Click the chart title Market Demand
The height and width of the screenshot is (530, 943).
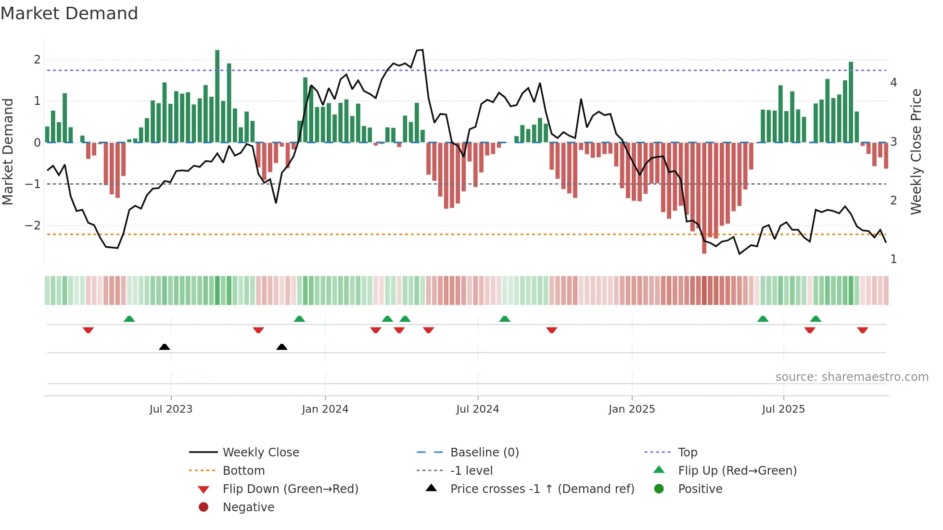point(69,13)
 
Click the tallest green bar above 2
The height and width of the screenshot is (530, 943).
point(217,96)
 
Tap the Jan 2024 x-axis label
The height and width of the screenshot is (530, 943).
point(325,409)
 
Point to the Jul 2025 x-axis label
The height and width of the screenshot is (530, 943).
point(783,409)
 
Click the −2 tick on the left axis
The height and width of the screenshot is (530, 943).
point(33,226)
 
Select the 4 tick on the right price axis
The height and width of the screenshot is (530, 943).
point(893,83)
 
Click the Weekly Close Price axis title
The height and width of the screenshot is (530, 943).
point(916,151)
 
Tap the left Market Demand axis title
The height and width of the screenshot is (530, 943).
point(8,151)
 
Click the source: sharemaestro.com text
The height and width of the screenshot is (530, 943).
point(852,377)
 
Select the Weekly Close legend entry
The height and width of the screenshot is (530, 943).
point(260,453)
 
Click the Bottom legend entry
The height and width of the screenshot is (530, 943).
point(243,471)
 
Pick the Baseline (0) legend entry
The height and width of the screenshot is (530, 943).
point(484,453)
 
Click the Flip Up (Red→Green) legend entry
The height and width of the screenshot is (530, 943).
point(737,471)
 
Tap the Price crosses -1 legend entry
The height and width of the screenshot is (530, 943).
point(542,489)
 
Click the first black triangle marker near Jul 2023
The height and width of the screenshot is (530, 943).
point(165,347)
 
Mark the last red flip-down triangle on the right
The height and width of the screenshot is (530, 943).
point(862,330)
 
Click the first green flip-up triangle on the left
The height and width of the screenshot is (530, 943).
point(129,319)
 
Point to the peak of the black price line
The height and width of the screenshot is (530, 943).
point(420,50)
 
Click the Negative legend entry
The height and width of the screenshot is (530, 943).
point(248,507)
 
